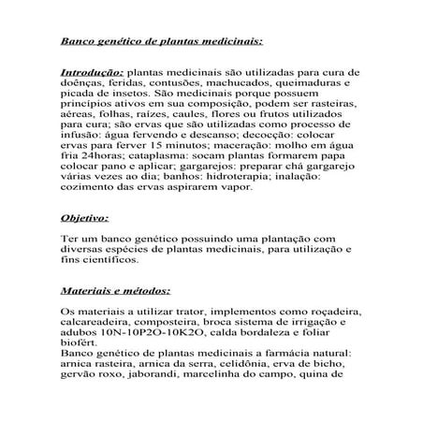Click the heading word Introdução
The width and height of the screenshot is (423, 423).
coord(92,71)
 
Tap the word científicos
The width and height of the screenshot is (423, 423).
coord(110,266)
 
